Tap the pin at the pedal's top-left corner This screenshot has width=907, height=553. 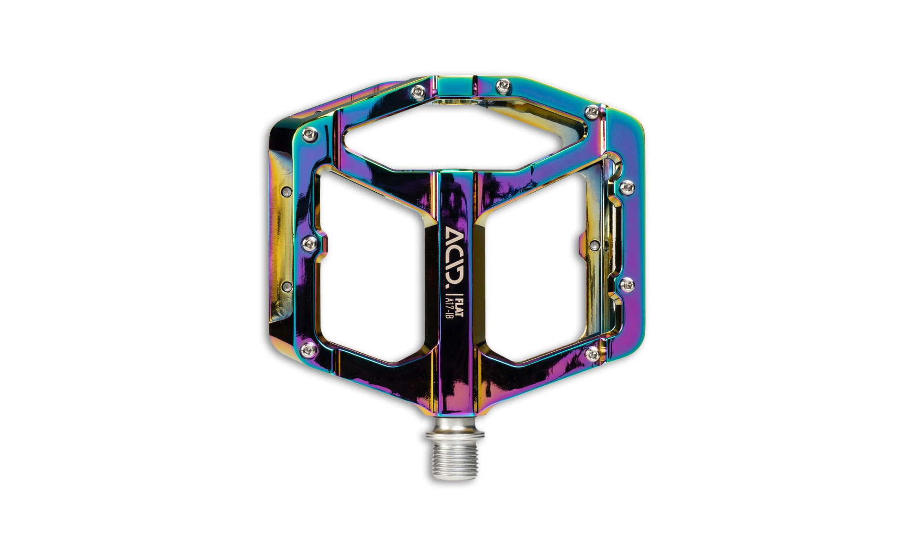(x=311, y=135)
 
